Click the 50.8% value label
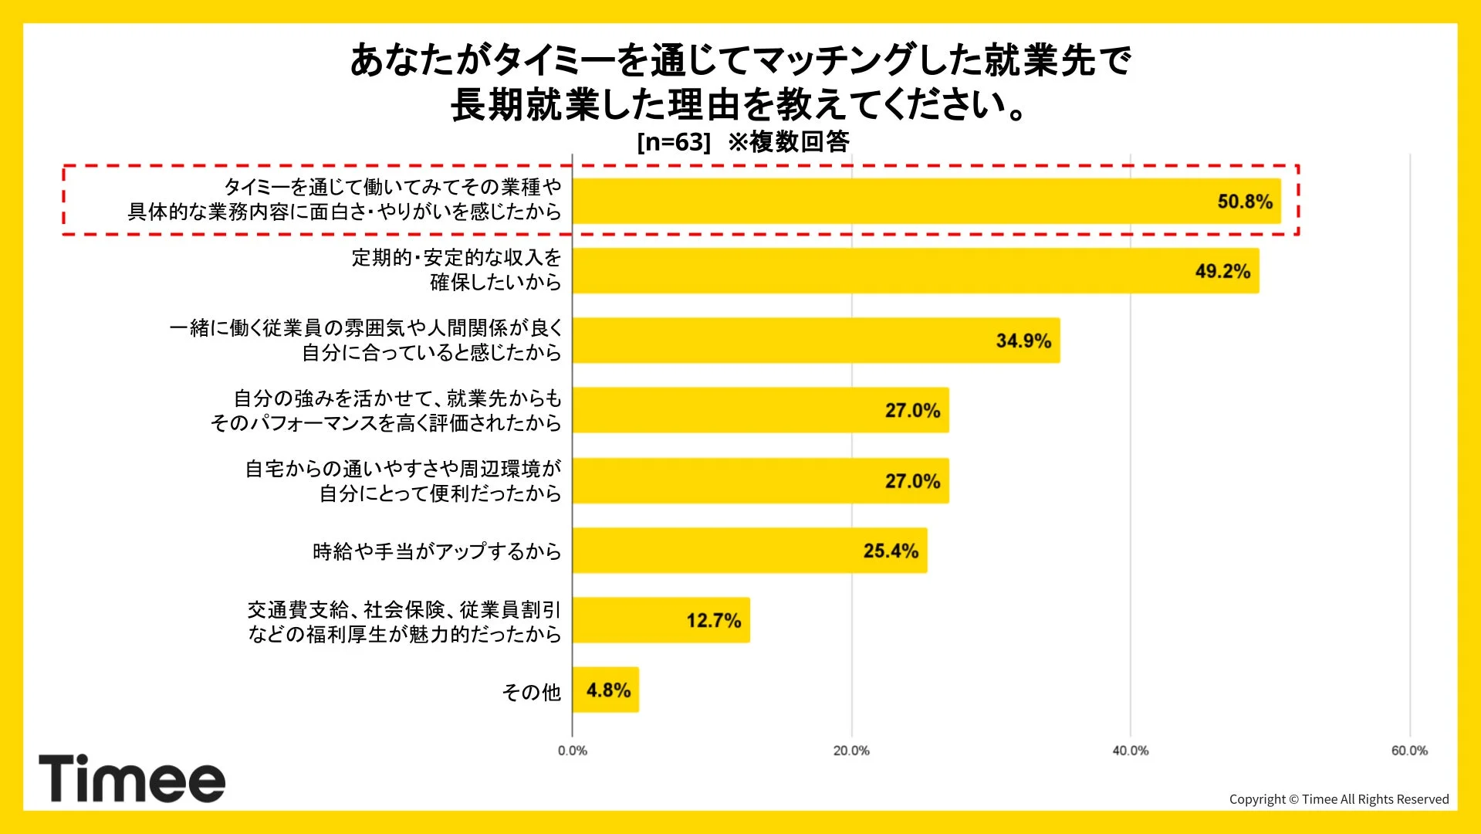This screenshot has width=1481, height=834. (x=1244, y=202)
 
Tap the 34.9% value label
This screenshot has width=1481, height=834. (x=1023, y=341)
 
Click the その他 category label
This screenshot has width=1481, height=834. (x=531, y=692)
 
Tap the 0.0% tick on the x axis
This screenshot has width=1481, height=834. (x=572, y=751)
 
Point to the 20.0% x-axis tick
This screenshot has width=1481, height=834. (x=851, y=751)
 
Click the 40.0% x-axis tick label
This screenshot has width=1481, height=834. (x=1130, y=751)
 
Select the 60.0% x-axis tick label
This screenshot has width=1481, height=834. (x=1409, y=751)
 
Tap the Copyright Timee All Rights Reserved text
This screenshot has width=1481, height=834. (x=1338, y=799)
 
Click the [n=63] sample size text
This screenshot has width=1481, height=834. (x=673, y=142)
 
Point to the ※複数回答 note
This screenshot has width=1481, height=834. (x=788, y=142)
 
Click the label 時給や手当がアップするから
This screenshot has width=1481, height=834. (x=436, y=551)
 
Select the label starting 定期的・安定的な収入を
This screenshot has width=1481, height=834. (x=456, y=258)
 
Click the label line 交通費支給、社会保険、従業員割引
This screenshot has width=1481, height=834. (x=404, y=610)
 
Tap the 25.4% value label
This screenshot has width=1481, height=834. (x=890, y=551)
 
